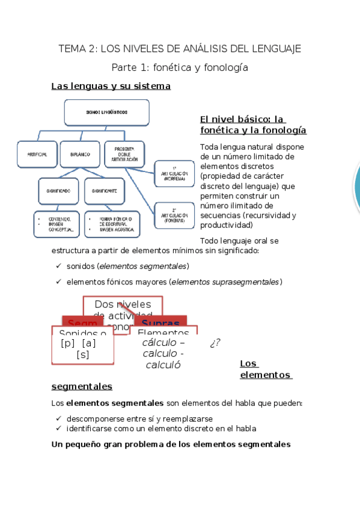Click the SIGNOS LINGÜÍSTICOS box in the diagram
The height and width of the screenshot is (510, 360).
pos(106,112)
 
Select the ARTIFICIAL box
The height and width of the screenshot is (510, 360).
pos(37,155)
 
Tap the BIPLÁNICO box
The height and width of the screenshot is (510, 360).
pos(80,155)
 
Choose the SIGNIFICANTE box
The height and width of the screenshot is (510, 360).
pos(105,191)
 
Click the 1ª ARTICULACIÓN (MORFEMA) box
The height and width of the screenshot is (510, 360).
pos(174,173)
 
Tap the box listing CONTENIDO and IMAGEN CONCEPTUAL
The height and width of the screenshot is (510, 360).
pos(56,224)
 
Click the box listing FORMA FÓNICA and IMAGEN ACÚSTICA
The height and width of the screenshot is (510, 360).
pos(112,224)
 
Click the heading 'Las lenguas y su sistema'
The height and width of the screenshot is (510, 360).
pos(111,87)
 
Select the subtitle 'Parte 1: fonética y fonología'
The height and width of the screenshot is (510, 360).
pos(180,68)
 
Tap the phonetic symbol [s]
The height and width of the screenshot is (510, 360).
pos(83,355)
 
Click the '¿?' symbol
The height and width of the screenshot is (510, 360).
pos(215,343)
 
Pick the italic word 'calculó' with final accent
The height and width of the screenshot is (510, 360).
pos(163,364)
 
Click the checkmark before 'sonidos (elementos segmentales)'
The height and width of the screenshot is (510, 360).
pos(58,266)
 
